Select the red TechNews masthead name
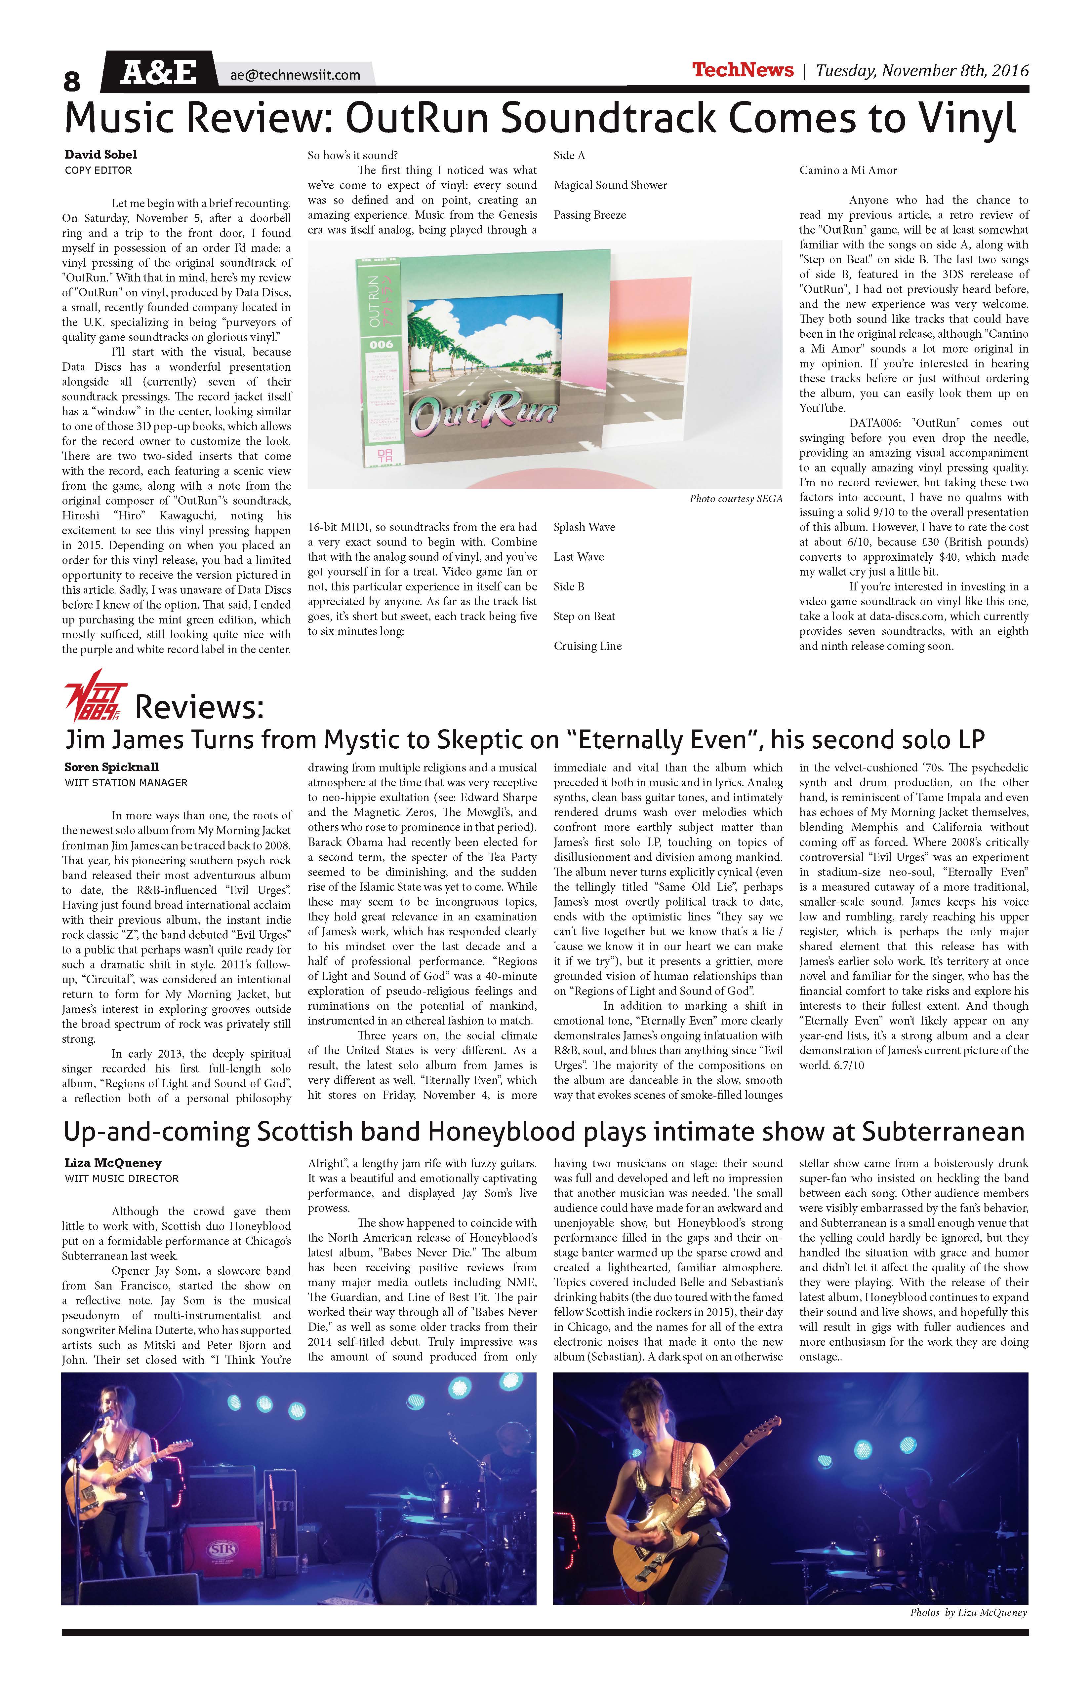click(743, 70)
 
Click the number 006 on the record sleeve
click(381, 344)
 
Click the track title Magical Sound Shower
click(611, 185)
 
